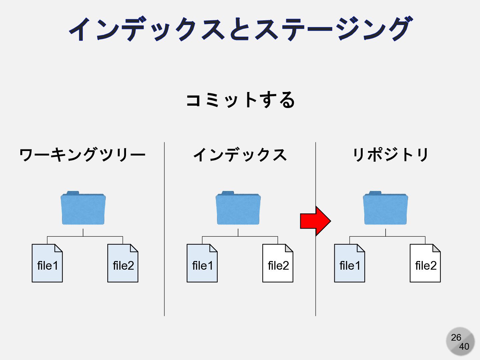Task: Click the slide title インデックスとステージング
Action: coord(240,29)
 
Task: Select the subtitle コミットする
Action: coord(240,100)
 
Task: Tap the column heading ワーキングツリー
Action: coord(82,155)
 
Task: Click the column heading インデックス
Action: coord(240,155)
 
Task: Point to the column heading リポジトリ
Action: coord(391,155)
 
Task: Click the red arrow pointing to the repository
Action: coord(315,221)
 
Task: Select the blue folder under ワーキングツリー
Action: coord(83,208)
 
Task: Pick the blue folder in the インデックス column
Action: coord(238,208)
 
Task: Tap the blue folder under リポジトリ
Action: coord(385,208)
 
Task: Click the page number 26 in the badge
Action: coord(456,337)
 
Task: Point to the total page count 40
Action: coord(464,347)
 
